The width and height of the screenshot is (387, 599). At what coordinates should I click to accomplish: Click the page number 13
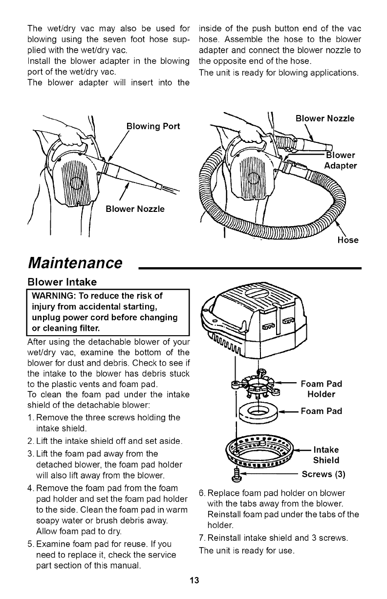pyautogui.click(x=194, y=581)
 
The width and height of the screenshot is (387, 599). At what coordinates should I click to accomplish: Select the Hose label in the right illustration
pyautogui.click(x=348, y=240)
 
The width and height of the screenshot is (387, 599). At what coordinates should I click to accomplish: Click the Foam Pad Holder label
pyautogui.click(x=322, y=389)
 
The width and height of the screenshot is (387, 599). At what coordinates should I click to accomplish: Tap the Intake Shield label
pyautogui.click(x=326, y=455)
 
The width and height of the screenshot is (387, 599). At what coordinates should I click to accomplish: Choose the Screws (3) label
pyautogui.click(x=324, y=474)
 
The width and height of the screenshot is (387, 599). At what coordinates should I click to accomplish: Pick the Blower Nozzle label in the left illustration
pyautogui.click(x=135, y=209)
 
